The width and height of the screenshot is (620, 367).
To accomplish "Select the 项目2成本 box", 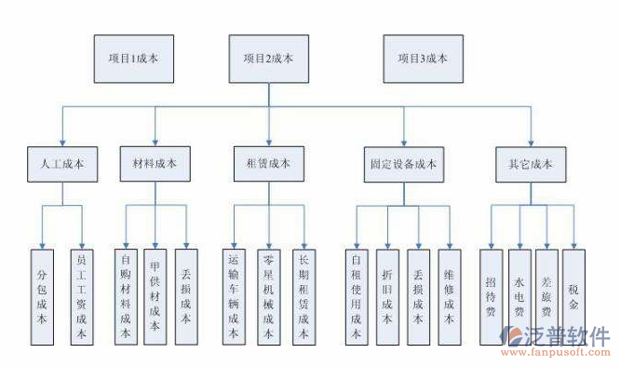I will (x=268, y=58).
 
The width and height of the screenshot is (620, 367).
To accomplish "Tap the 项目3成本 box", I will (x=424, y=58).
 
